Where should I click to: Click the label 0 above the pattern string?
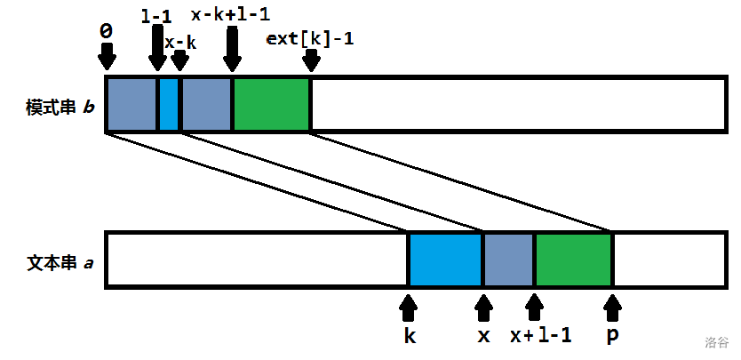107,30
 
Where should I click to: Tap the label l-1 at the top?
157,16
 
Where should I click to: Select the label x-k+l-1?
231,15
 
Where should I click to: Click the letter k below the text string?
409,336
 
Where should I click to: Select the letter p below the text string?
612,337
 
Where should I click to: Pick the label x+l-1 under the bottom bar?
540,336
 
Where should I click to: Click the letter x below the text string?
484,336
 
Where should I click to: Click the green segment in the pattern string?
272,105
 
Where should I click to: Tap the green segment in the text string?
573,260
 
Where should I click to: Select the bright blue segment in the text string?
445,260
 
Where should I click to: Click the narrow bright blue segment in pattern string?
169,105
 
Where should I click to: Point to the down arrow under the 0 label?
107,57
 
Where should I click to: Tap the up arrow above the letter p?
612,308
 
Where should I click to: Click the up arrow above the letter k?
409,308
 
